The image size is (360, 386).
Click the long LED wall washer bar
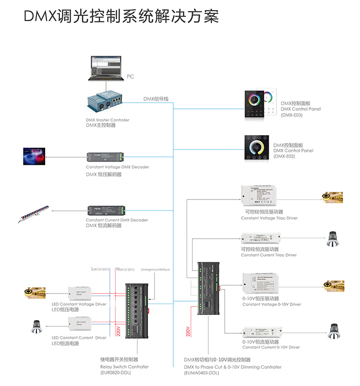coord(35,212)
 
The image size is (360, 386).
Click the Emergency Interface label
coord(155,269)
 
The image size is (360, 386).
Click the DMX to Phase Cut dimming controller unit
coord(209,288)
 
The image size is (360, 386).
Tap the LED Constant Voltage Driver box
coord(78,292)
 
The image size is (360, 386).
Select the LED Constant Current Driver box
coord(78,326)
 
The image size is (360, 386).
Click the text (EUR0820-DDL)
coord(116,373)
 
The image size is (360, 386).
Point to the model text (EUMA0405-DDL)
coord(201,373)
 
